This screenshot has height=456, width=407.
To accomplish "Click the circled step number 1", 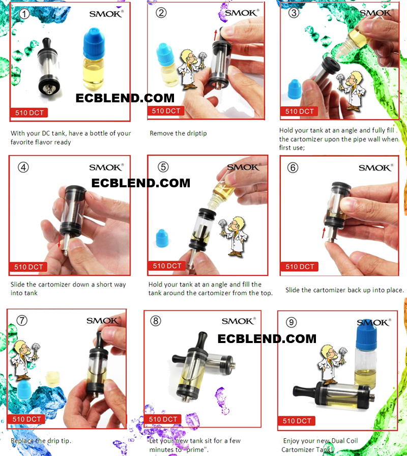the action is tap(24, 14).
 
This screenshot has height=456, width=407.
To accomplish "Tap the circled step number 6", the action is tap(293, 167).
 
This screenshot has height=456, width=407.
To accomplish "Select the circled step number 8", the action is tap(156, 321).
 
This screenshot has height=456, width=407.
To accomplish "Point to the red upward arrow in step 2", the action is tap(216, 35).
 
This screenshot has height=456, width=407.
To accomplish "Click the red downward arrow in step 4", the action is tap(60, 242).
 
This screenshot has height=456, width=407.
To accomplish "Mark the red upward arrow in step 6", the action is tap(324, 233).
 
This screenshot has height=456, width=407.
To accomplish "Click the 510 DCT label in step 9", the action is tap(297, 420).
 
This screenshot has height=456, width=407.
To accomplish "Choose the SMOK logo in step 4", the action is tap(106, 167).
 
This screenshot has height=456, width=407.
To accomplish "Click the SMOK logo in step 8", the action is tap(239, 321).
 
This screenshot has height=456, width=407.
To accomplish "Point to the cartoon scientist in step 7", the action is tap(25, 360).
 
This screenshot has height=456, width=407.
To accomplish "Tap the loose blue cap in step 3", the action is tap(295, 89).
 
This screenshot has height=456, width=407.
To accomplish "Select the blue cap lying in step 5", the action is tap(162, 238).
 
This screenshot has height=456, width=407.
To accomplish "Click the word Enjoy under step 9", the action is tap(292, 441).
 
